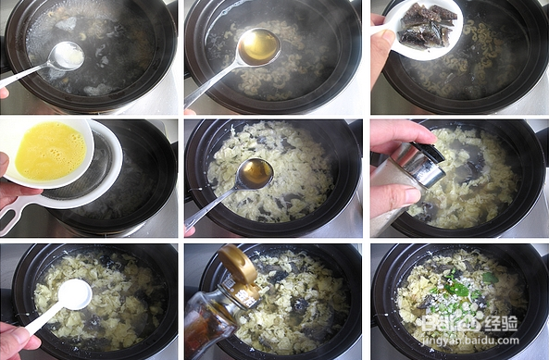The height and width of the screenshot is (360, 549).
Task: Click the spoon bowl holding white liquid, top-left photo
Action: [65, 56]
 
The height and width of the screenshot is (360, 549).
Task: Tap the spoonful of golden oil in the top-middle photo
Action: [258, 46]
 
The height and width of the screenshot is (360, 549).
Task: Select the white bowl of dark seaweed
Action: [425, 29]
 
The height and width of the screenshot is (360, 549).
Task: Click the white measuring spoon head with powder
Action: [74, 293]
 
